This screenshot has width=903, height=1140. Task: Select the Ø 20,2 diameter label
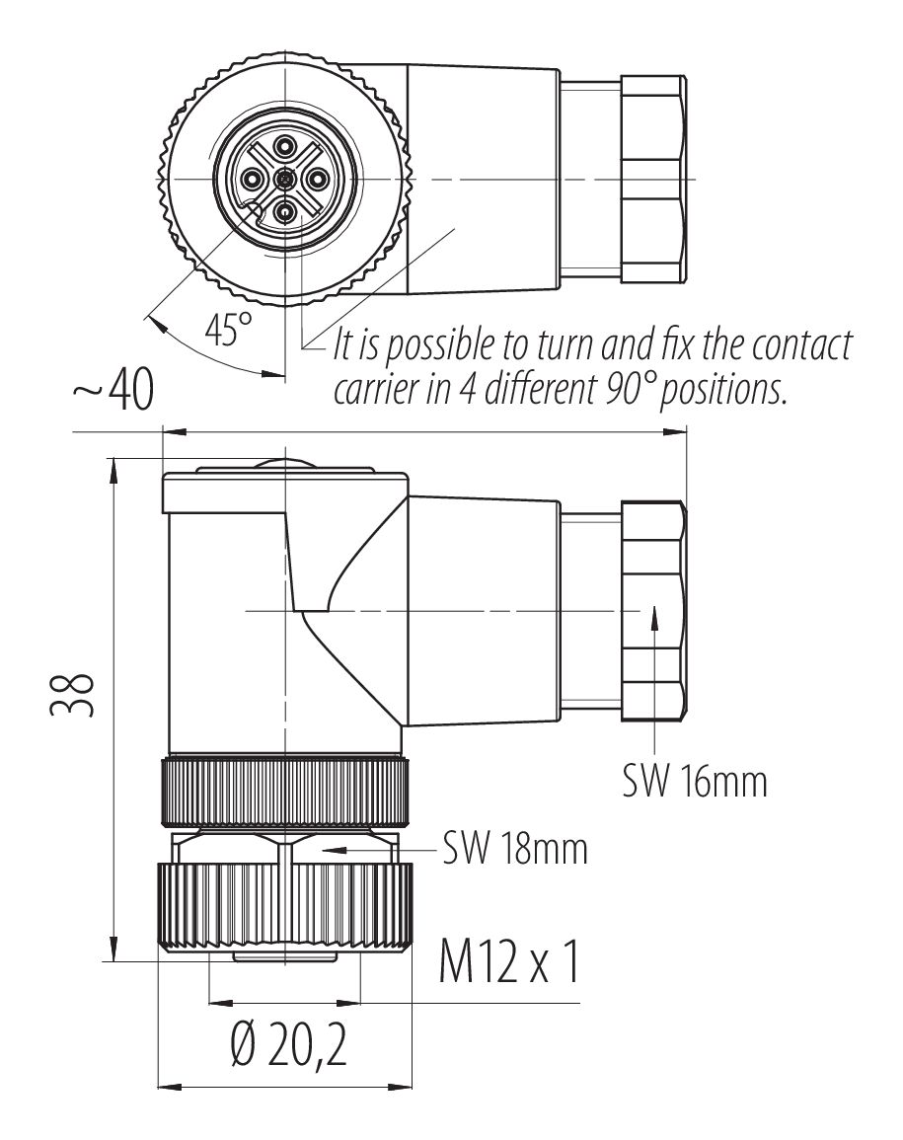(x=278, y=1050)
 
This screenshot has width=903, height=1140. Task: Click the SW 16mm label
(x=694, y=782)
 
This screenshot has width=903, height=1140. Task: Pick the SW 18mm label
(x=514, y=848)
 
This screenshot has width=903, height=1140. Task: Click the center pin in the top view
(x=285, y=179)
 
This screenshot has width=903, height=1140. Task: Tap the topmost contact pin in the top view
(x=285, y=148)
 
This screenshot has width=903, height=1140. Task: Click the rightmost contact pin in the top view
(x=317, y=179)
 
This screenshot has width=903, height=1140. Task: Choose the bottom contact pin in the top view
(x=285, y=210)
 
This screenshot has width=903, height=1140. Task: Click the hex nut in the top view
(x=653, y=179)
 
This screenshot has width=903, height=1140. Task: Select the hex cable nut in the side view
(x=653, y=611)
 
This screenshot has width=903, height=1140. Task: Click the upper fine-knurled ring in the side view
(x=285, y=791)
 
